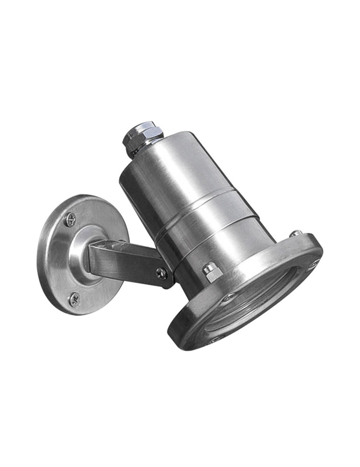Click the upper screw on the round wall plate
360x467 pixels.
point(70,219)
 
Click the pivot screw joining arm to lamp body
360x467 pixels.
point(162,273)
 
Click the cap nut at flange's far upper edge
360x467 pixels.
point(295,233)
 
